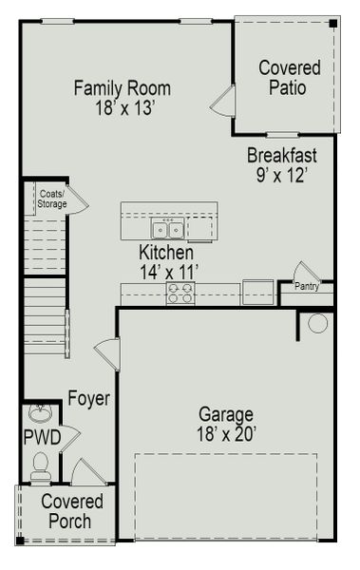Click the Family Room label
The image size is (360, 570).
pos(122,88)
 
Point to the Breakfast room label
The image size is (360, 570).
pos(282,156)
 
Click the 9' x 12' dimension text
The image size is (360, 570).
pos(282,175)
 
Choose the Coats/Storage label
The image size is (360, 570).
pos(52,199)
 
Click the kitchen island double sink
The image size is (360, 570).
pos(168,230)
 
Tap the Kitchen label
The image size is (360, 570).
pos(166,254)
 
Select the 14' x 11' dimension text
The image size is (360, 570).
pos(168,273)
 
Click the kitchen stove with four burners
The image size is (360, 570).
pos(180,293)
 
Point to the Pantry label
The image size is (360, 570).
pos(306,286)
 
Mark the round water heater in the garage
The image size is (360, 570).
pos(317,323)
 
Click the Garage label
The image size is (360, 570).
pos(225,414)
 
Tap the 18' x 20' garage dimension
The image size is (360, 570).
pos(226,434)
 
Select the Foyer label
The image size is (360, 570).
pos(88,399)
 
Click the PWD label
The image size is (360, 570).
pos(42,438)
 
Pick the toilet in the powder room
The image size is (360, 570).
pos(40,466)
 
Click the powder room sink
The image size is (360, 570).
pos(40,413)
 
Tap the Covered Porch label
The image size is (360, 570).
pos(66,511)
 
